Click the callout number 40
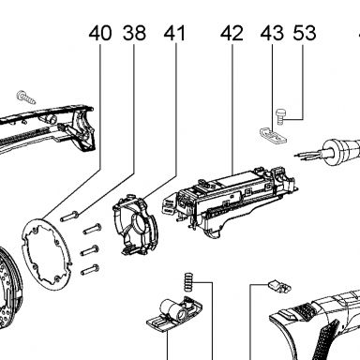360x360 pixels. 100,33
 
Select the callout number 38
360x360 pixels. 134,33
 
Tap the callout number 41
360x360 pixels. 174,33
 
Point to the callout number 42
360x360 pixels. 232,33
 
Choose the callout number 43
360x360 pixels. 272,33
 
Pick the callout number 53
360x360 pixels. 305,33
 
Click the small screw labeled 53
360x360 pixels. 280,117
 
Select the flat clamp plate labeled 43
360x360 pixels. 274,135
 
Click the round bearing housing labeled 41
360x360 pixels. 135,225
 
